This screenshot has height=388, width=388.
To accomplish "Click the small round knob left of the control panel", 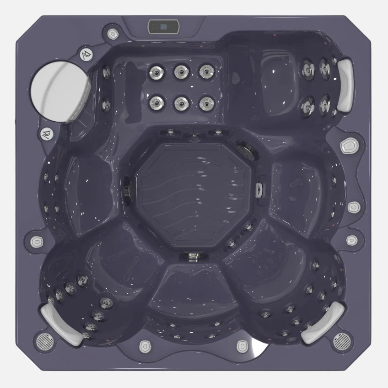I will [113, 34].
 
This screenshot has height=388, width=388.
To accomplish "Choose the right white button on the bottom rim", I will [241, 346].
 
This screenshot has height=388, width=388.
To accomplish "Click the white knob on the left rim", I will [36, 242].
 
